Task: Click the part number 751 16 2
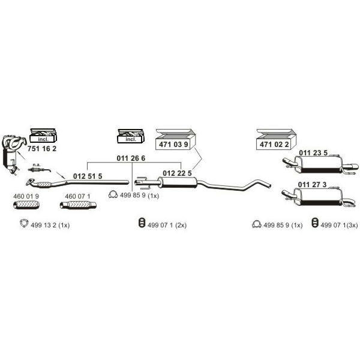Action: pos(42,149)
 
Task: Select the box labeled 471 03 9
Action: pos(176,140)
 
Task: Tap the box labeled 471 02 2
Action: pos(276,140)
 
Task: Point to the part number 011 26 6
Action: pos(131,158)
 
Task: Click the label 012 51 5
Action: pos(88,176)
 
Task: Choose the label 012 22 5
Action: pos(177,173)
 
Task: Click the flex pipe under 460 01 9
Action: pos(26,205)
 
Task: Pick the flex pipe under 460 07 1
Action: pos(78,205)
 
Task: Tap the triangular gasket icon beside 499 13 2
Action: pos(24,223)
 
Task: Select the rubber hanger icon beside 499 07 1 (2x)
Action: pos(142,223)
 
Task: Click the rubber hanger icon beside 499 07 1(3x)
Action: pos(315,223)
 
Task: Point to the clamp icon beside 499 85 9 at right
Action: pos(256,224)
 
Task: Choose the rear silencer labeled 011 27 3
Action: pos(319,197)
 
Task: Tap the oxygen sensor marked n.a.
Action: pos(39,170)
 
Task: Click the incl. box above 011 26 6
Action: pos(131,136)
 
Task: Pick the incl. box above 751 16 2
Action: pos(43,136)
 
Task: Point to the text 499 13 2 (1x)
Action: pos(50,225)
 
